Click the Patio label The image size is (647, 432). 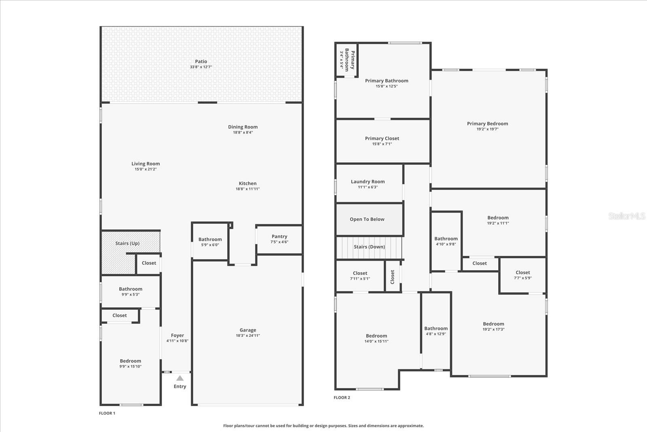[x=201, y=62]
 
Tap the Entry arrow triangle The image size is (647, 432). [x=180, y=378]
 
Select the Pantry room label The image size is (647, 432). [x=279, y=236]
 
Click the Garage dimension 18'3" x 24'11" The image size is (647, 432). [x=248, y=336]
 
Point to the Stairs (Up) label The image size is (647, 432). [x=127, y=243]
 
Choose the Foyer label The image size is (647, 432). [x=177, y=335]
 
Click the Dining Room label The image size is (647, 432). [x=243, y=127]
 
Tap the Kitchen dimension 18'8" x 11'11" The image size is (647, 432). [x=247, y=189]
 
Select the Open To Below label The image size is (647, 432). [x=367, y=219]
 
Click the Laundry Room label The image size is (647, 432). [x=368, y=182]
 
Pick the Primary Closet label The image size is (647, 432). [x=382, y=138]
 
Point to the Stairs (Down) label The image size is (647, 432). [x=369, y=247]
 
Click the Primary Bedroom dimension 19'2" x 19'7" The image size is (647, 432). [x=487, y=129]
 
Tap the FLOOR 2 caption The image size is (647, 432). [x=342, y=398]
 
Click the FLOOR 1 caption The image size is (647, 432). [x=107, y=413]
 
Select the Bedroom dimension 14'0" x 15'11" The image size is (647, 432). [x=376, y=341]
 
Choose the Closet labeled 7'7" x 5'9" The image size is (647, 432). [x=522, y=272]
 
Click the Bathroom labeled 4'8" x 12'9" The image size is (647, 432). [x=436, y=329]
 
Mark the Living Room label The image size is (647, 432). [x=146, y=164]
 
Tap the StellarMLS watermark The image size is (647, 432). [x=627, y=216]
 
